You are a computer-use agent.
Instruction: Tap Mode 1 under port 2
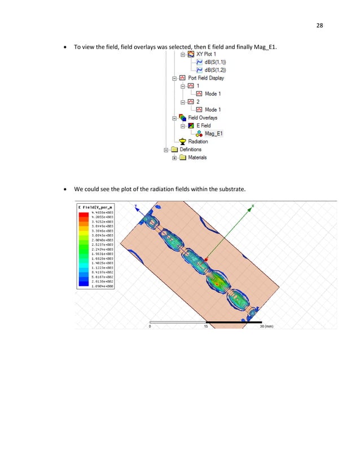click(x=213, y=109)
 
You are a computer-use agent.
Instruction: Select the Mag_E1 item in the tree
click(x=213, y=134)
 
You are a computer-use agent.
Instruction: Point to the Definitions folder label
click(x=191, y=150)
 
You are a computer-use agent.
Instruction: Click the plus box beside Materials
click(x=175, y=157)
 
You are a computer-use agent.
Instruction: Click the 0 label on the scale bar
click(x=150, y=326)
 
